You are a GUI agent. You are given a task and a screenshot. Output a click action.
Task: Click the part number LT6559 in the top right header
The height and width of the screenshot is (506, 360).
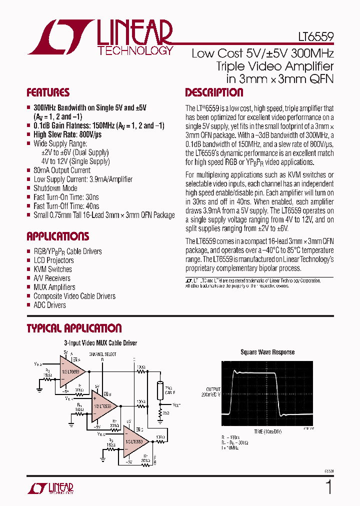click(x=312, y=37)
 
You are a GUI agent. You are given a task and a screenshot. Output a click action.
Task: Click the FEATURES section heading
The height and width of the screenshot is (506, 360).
click(x=48, y=93)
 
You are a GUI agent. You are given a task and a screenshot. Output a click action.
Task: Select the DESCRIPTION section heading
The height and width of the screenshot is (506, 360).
click(x=214, y=93)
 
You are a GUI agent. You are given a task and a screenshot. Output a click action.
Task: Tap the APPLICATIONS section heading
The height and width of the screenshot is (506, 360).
click(x=57, y=236)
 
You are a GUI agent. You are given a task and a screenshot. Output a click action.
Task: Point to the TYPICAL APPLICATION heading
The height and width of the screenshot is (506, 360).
click(x=74, y=328)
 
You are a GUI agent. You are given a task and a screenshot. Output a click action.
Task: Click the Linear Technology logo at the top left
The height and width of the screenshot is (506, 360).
click(x=100, y=37)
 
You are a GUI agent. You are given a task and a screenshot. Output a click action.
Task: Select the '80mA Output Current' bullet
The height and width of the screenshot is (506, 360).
click(x=62, y=170)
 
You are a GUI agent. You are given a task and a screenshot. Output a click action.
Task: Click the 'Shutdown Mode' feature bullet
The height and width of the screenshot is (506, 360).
click(x=55, y=188)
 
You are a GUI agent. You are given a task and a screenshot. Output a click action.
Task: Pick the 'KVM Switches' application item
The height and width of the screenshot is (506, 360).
click(x=52, y=269)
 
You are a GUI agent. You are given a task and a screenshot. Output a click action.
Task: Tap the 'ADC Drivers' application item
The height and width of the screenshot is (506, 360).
click(x=49, y=305)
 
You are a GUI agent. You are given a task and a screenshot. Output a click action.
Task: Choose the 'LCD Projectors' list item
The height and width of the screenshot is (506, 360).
click(x=53, y=260)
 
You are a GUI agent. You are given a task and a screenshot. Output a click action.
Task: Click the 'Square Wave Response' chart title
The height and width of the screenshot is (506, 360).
click(x=267, y=352)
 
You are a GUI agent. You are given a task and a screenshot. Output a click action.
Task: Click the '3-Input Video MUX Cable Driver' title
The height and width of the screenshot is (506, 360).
click(x=100, y=343)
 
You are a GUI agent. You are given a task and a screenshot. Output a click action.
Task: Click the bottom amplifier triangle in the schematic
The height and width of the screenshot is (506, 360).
click(x=135, y=442)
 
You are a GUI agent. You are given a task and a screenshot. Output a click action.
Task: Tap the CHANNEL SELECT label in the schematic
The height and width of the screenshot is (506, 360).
click(x=102, y=354)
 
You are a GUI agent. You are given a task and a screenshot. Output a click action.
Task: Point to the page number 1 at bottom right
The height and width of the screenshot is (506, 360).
click(x=328, y=486)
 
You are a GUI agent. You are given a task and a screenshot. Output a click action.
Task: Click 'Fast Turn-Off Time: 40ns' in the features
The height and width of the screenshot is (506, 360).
click(x=66, y=206)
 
